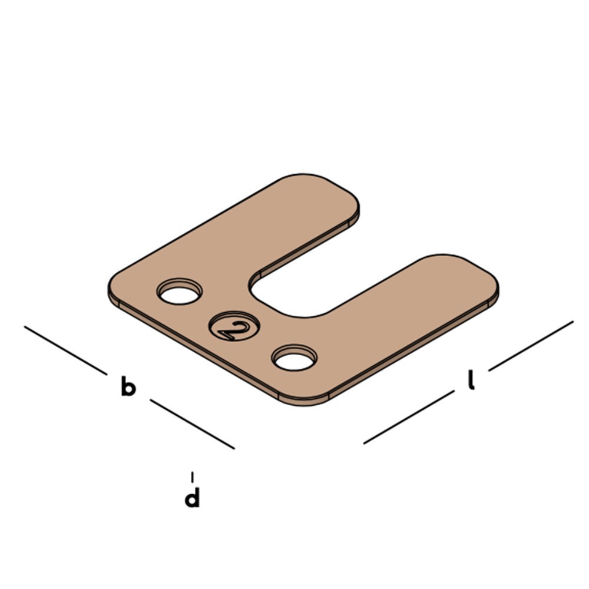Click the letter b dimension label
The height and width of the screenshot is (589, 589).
128,386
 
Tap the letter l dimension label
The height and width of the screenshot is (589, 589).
471,380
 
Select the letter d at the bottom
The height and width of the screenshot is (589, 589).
192,497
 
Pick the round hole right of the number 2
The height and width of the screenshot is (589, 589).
294,358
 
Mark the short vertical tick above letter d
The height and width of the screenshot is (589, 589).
193,477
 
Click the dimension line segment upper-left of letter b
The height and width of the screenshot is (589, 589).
66,350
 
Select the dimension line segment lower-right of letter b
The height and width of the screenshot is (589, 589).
193,424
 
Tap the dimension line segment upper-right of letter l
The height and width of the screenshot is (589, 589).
531,346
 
